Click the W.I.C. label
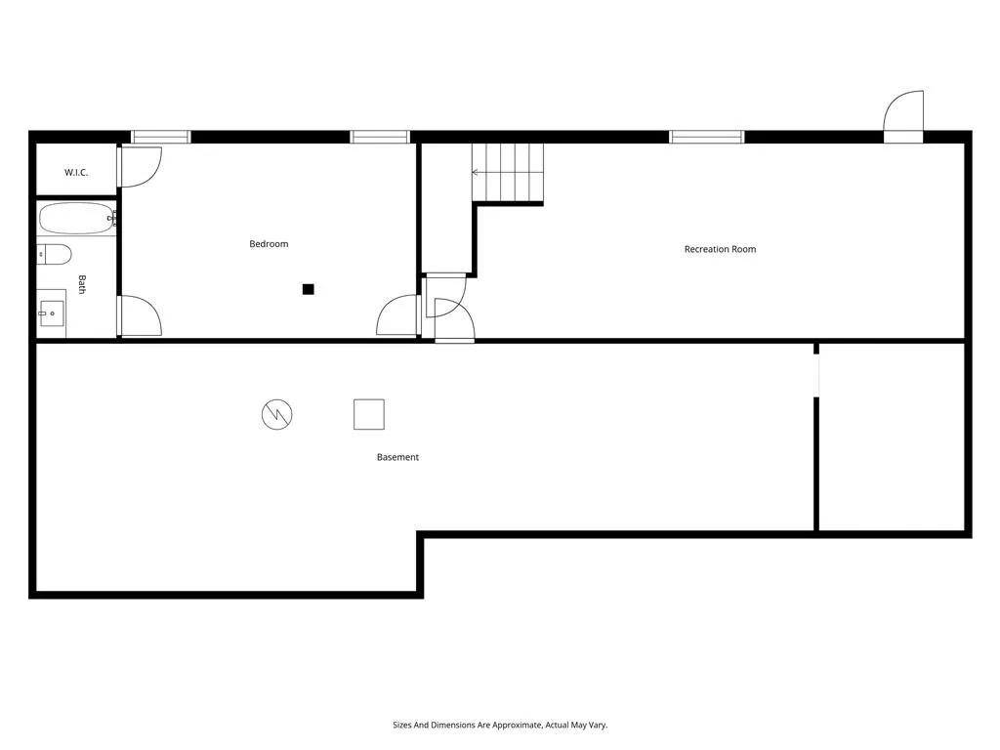76,173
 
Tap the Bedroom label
269,244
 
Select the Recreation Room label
720,249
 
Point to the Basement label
397,457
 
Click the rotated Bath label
82,284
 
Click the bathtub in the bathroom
77,218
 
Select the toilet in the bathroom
55,255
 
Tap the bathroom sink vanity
52,313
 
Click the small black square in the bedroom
308,289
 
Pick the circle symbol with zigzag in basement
277,415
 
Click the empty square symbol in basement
368,414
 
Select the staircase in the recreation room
508,173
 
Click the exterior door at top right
903,115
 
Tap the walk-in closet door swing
139,166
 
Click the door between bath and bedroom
139,316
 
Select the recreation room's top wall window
706,137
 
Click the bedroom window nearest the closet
161,137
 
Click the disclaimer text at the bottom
499,726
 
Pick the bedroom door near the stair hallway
398,315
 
